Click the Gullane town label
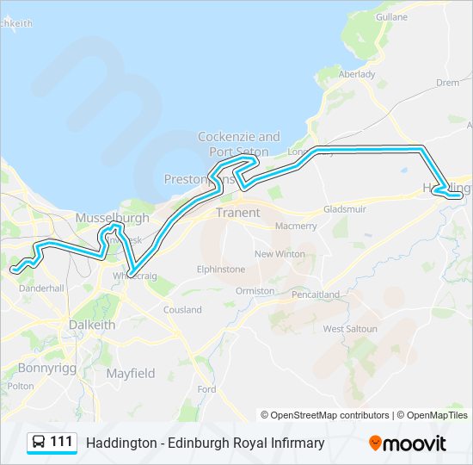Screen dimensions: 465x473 pos(391,16)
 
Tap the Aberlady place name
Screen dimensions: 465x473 pos(357,74)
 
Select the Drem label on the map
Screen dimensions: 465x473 pos(447,83)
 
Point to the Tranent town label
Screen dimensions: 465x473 pos(236,212)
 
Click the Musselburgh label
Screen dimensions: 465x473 pos(112,219)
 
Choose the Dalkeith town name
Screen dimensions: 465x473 pos(92,325)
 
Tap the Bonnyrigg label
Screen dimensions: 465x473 pos(42,368)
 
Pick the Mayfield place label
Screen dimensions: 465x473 pos(131,374)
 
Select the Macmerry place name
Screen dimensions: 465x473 pos(296,226)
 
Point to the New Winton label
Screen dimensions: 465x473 pos(279,254)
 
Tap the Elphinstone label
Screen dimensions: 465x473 pos(221,270)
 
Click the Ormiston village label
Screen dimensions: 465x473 pos(255,291)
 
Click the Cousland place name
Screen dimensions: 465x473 pos(182,310)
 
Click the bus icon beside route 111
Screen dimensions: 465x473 pos(39,443)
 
